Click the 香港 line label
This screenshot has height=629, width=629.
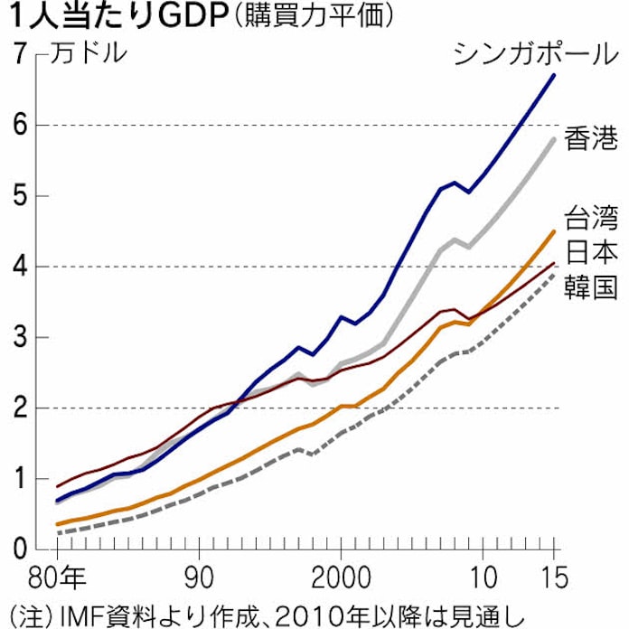(x=591, y=139)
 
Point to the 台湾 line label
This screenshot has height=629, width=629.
(x=591, y=219)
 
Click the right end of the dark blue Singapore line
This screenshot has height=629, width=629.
(x=554, y=75)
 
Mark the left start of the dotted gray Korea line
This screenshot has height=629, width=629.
(x=57, y=533)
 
